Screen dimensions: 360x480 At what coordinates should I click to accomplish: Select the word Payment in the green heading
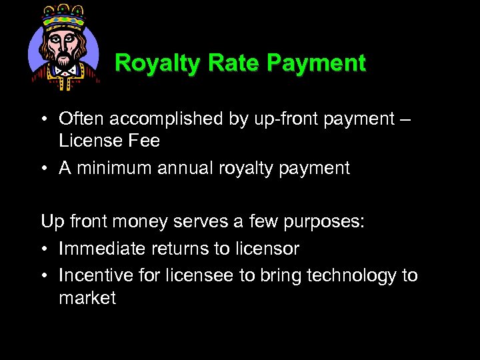[316, 63]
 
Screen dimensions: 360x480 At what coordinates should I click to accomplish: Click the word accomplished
[167, 119]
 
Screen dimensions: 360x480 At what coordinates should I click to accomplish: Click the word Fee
[145, 141]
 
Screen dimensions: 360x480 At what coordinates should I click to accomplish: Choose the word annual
[185, 169]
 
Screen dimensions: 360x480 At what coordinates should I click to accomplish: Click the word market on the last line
[87, 297]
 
